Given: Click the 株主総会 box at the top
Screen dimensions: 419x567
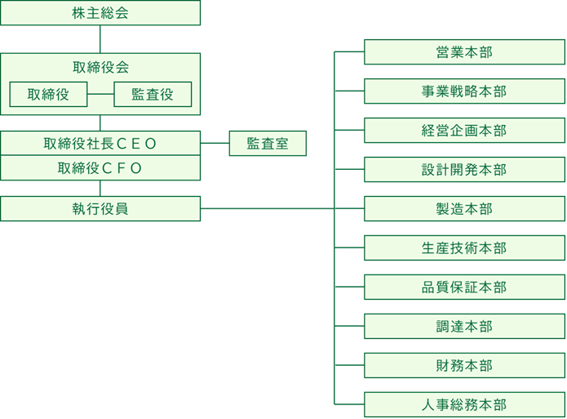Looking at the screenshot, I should coord(100,13).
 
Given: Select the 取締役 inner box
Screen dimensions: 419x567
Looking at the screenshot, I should coord(48,95).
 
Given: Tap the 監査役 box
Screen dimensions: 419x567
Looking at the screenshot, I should coord(153,95).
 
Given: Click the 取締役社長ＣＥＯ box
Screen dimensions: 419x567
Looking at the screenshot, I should coord(100,144).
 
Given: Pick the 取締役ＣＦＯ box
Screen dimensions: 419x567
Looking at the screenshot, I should coord(100,168).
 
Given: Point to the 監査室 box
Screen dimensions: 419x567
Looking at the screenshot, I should coord(268,144).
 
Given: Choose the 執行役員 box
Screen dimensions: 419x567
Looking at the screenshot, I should coord(100,208).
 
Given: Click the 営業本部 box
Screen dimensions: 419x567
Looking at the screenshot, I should coord(464,52).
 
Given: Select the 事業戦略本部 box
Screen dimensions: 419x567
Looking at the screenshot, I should coord(464,91).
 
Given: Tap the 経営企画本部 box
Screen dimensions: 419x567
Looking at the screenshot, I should coord(464,131).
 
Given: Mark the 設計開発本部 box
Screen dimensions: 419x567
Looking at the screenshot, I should coord(464,170).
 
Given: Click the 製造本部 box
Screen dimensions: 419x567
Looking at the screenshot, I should coord(464,209).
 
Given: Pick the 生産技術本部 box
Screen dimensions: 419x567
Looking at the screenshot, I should coord(464,248).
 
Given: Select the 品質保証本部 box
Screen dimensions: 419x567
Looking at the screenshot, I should coord(464,288).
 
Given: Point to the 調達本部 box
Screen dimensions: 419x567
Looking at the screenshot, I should coord(464,327).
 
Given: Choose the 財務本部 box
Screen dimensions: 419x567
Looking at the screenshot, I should coord(464,366).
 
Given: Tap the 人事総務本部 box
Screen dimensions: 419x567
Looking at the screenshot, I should coord(464,405).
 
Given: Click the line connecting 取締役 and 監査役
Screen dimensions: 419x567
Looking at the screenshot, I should coord(100,95).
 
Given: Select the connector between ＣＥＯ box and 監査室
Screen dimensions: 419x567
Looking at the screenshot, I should coord(215,144).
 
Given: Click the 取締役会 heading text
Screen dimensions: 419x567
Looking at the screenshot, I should coord(100,68).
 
